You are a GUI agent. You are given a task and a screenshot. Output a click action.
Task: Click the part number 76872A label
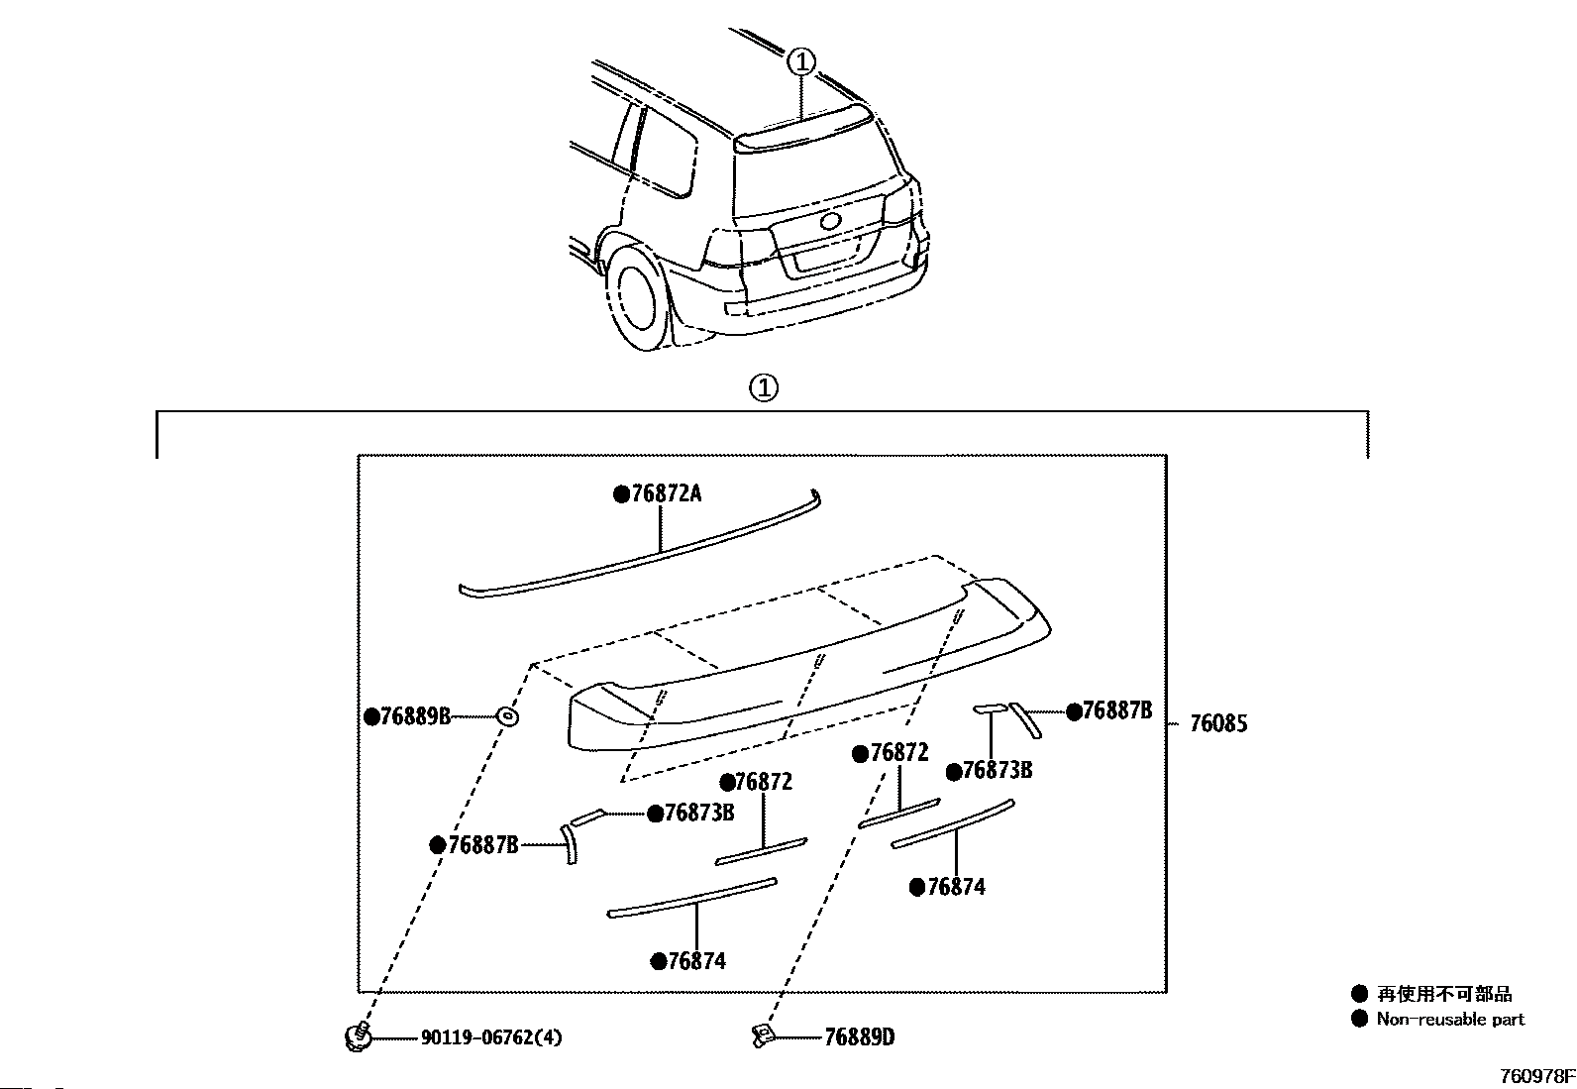[667, 493]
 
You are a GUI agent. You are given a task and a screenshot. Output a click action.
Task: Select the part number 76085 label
[1218, 723]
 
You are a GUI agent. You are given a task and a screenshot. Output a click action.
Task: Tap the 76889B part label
[415, 716]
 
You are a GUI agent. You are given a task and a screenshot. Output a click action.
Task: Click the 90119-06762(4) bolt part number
[491, 1037]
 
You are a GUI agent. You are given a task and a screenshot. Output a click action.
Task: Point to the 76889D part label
[860, 1036]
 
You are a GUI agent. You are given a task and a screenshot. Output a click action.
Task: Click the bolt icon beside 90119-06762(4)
[358, 1036]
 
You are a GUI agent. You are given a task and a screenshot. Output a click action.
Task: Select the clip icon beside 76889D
[762, 1036]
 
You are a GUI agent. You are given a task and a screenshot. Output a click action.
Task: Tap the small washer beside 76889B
[507, 717]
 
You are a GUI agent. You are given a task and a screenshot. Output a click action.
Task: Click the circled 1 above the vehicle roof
[801, 62]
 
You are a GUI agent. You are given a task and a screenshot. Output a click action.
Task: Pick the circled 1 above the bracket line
[764, 388]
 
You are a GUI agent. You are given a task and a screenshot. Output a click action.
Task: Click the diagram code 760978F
[1537, 1076]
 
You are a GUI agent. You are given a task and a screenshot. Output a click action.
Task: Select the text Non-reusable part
[1450, 1020]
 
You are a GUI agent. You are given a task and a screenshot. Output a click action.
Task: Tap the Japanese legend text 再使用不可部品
[1444, 994]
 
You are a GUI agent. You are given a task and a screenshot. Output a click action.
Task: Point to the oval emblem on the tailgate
[831, 221]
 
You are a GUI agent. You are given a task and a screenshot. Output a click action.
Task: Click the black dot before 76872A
[621, 494]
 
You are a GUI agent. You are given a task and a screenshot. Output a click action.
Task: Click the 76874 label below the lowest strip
[697, 961]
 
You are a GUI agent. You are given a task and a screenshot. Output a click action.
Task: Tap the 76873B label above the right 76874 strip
[997, 770]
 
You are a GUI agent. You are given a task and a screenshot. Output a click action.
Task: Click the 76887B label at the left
[483, 844]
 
